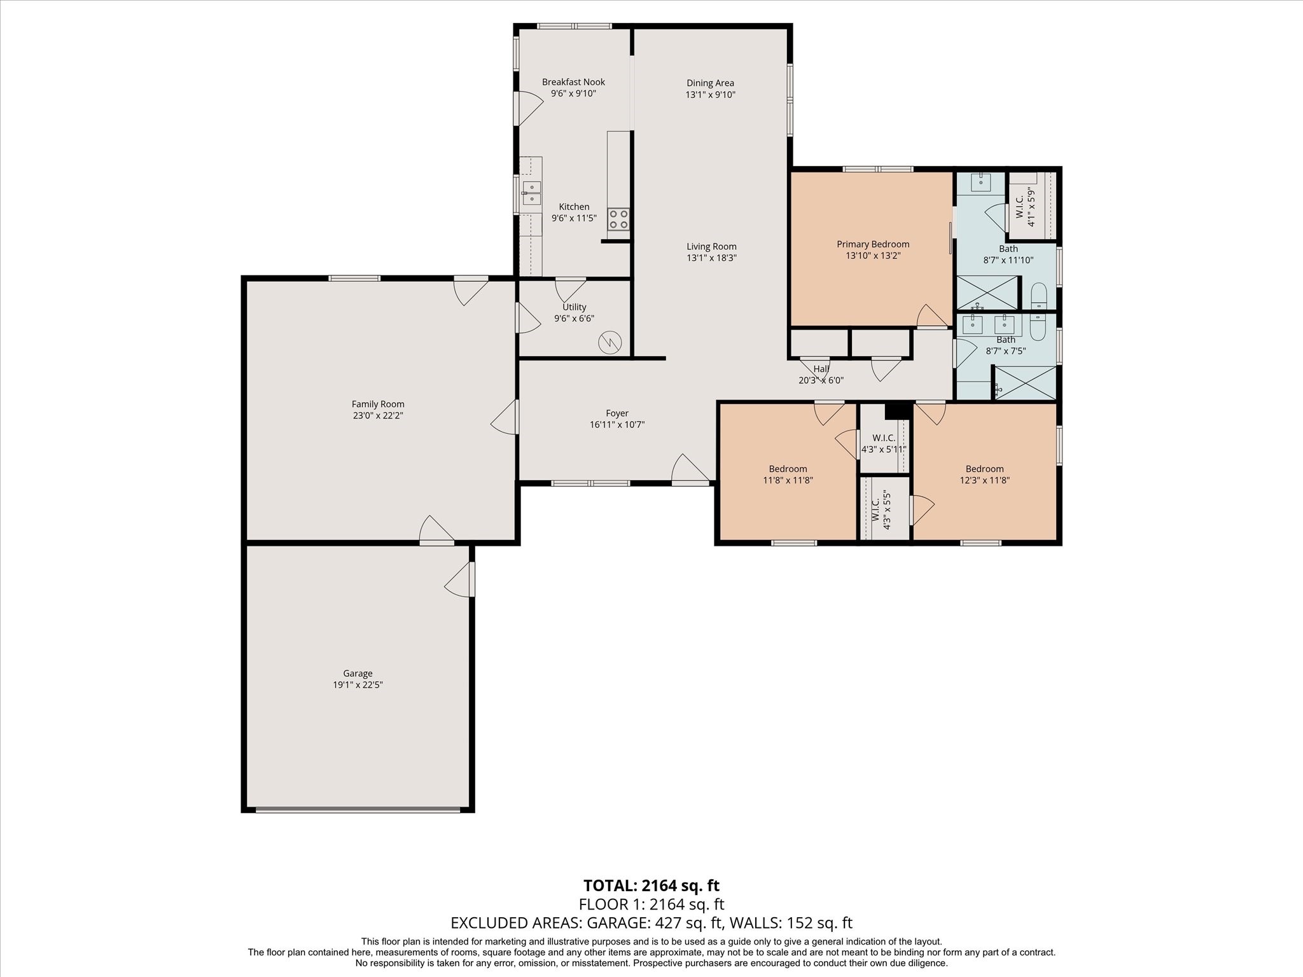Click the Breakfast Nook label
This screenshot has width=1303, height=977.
point(573,82)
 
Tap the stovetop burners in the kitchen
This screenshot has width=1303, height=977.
point(618,219)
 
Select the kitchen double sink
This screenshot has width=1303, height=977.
point(532,193)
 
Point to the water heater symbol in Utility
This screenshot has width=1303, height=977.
point(610,342)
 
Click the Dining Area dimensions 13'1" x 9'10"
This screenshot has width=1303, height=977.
point(710,95)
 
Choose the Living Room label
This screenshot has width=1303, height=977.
point(711,247)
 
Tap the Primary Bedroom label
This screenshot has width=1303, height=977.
point(873,244)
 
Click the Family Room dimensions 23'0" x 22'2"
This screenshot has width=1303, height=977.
point(378,416)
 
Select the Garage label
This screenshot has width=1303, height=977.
point(358,674)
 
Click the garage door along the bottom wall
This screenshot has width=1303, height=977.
point(358,810)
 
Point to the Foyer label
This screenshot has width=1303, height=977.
point(617,413)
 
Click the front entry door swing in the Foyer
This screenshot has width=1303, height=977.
point(690,469)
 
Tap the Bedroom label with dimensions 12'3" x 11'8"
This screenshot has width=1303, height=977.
point(984,469)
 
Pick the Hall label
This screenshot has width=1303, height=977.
point(821,369)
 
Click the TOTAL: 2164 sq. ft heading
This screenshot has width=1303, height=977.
point(651,885)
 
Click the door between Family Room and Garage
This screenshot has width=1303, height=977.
point(436,530)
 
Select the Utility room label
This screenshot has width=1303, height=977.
point(575,307)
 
